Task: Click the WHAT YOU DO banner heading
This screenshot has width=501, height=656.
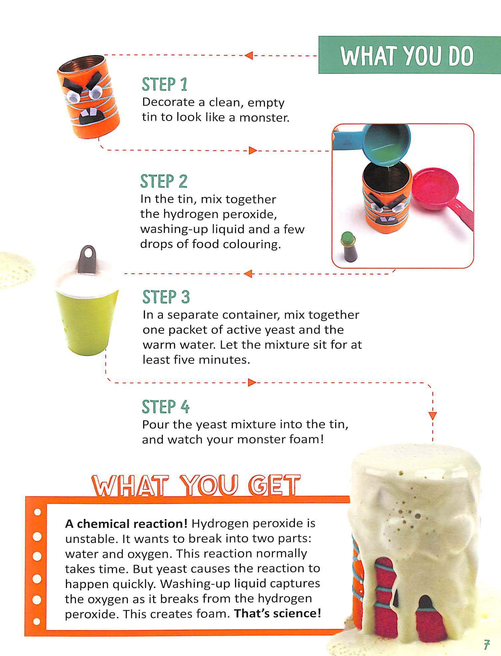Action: (407, 56)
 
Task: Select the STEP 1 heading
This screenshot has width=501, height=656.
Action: (164, 84)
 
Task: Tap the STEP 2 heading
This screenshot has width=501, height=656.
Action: (164, 181)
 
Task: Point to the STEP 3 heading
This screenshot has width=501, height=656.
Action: (166, 297)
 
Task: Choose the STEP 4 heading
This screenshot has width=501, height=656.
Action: (165, 407)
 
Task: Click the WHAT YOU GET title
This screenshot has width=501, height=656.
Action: (196, 485)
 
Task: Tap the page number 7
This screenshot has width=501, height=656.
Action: (487, 644)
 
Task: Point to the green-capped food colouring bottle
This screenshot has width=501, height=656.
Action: (349, 247)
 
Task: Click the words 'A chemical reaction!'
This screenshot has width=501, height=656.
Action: (126, 524)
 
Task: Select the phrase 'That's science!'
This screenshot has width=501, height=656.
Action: (277, 613)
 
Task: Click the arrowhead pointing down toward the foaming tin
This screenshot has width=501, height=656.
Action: (433, 416)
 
